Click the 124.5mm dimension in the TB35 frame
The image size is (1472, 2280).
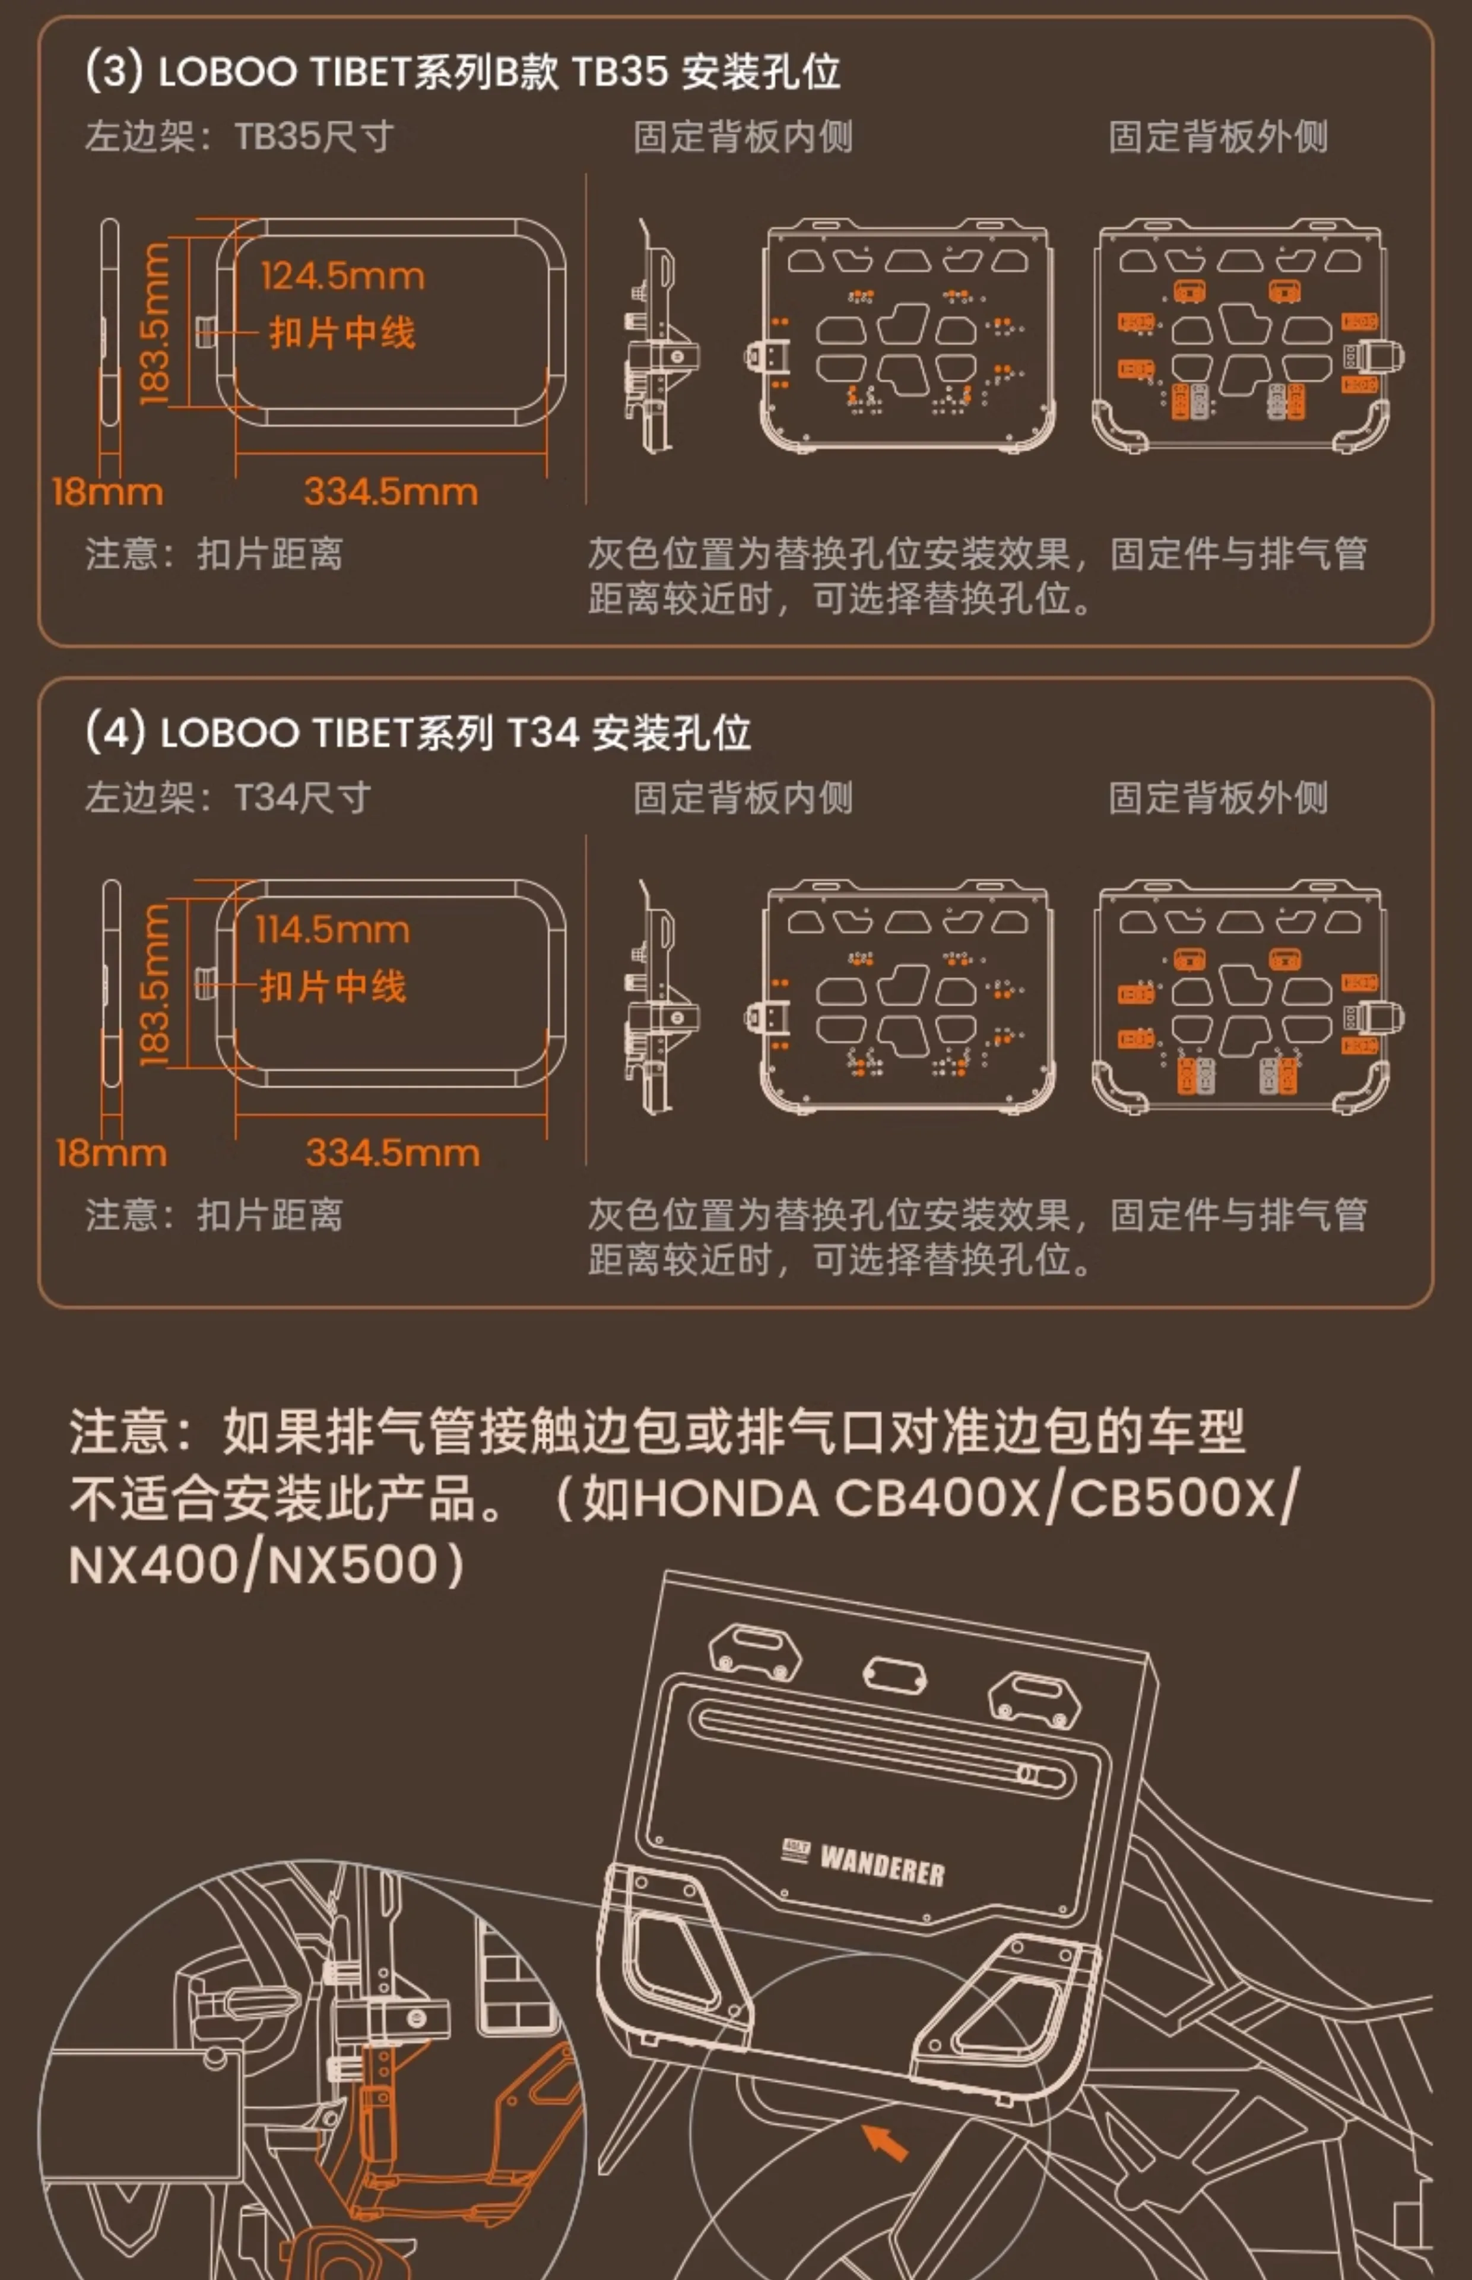pos(342,276)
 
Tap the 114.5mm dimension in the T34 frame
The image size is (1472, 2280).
pos(332,929)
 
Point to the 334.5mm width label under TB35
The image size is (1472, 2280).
pos(391,492)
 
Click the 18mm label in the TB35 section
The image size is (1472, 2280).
pos(107,492)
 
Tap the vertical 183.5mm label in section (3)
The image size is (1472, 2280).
pos(155,323)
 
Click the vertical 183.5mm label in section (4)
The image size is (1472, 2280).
pos(155,984)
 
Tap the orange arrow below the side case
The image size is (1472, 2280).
pos(885,2142)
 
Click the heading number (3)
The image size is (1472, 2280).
pos(114,71)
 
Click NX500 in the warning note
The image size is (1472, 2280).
pos(353,1565)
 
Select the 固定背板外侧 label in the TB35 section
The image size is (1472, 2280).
pos(1218,137)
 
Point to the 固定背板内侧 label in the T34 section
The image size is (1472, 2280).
pos(743,797)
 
